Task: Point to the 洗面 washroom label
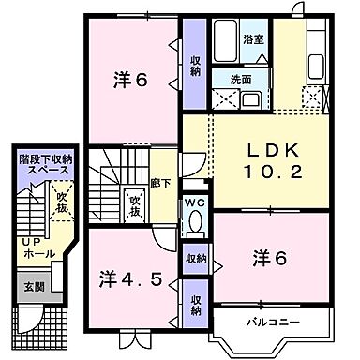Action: [241, 80]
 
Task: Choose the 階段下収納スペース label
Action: [44, 166]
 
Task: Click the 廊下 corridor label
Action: [160, 185]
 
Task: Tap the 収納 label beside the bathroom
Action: [195, 66]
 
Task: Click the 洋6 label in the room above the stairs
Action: [131, 80]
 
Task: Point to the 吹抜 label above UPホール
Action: [60, 201]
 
